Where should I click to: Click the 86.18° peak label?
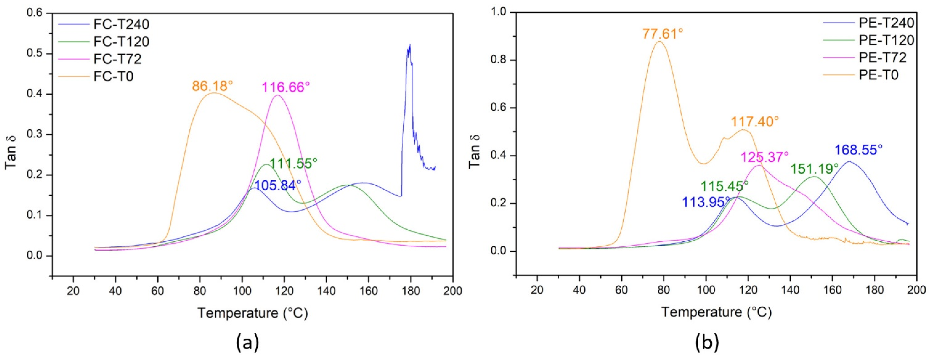tap(213, 86)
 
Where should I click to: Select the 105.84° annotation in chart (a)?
tap(278, 185)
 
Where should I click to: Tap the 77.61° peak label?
tap(662, 34)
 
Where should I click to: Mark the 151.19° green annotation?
tap(815, 168)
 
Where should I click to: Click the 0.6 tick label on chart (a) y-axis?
tap(35, 13)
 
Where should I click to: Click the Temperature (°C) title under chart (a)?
tap(253, 313)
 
